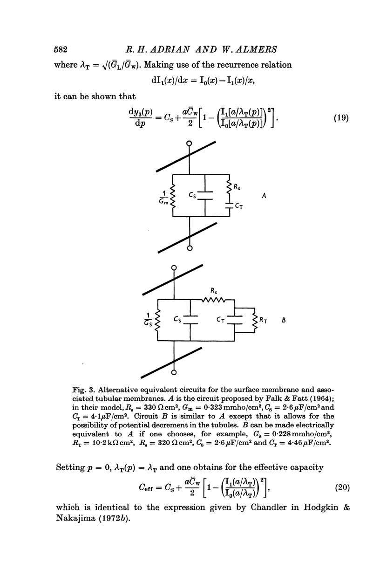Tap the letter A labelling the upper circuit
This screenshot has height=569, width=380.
click(x=264, y=196)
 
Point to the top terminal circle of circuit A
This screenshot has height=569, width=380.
click(x=190, y=144)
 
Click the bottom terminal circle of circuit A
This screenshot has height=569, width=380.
click(x=190, y=248)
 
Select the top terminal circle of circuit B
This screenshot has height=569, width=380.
click(x=174, y=267)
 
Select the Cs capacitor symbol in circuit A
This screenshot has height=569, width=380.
click(x=205, y=197)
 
